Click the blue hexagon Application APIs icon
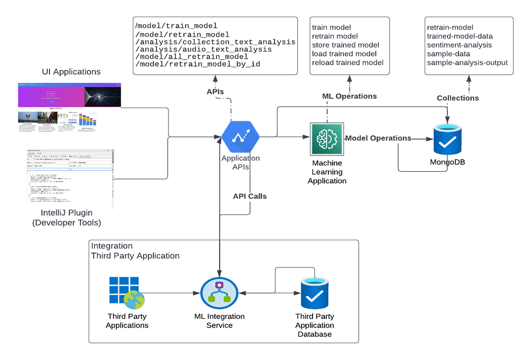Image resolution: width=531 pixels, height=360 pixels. pyautogui.click(x=241, y=138)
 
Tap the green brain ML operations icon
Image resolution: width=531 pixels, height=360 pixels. pyautogui.click(x=326, y=138)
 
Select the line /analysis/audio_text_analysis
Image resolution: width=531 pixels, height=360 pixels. pyautogui.click(x=204, y=49)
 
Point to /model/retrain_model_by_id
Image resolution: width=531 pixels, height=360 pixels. pyautogui.click(x=197, y=65)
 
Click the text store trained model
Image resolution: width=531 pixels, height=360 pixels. pyautogui.click(x=346, y=45)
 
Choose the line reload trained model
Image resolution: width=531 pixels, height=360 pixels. pyautogui.click(x=347, y=62)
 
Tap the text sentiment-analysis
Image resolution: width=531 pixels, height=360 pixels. pyautogui.click(x=459, y=45)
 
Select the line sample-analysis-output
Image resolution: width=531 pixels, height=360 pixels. pyautogui.click(x=467, y=62)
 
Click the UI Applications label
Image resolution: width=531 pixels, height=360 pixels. pyautogui.click(x=71, y=71)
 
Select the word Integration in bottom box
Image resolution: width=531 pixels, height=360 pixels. pyautogui.click(x=112, y=246)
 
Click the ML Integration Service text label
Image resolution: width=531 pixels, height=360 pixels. pyautogui.click(x=219, y=321)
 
